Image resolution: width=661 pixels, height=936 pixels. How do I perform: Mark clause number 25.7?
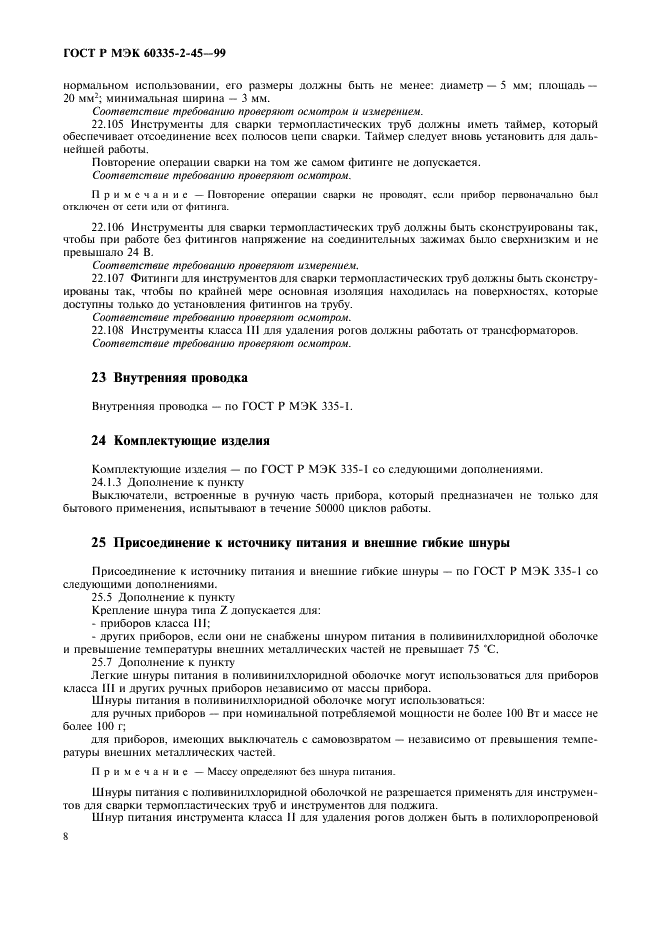pos(104,662)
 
